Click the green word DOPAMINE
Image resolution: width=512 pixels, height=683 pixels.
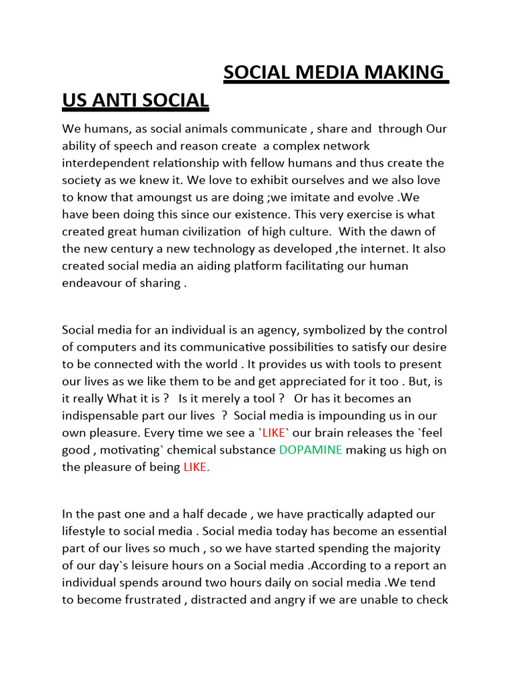coord(311,450)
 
